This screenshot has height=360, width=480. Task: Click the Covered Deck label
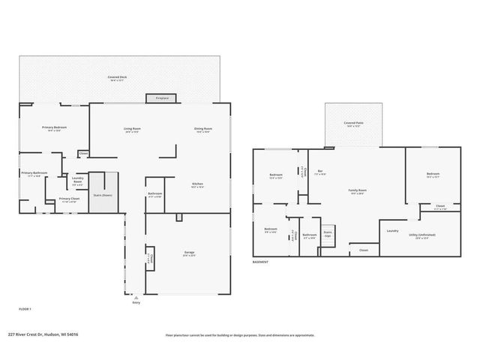(x=116, y=76)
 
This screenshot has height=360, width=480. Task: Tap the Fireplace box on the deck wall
(x=161, y=98)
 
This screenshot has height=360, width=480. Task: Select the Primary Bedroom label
(x=54, y=127)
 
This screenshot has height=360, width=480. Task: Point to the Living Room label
(x=132, y=128)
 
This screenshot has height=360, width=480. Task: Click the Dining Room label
(x=203, y=128)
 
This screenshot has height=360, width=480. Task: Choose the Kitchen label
(x=197, y=184)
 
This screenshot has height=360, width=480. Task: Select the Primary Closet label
(x=70, y=199)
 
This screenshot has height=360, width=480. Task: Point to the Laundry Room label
(x=77, y=181)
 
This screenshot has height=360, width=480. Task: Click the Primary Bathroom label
(x=34, y=173)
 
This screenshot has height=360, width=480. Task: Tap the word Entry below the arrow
(x=136, y=302)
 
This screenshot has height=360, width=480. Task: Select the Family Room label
(x=357, y=190)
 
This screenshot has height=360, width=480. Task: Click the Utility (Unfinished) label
(x=421, y=235)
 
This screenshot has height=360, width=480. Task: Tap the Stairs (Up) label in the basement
(x=328, y=233)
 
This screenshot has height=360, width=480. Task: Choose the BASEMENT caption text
(x=260, y=262)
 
